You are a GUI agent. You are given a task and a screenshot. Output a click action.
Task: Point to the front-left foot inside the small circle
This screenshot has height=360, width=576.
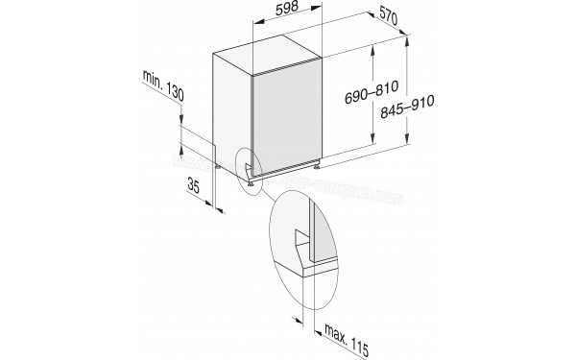coord(248,173)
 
